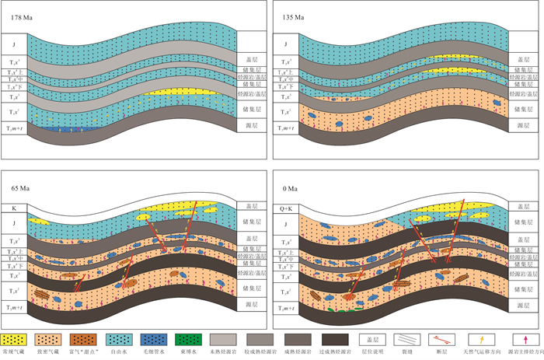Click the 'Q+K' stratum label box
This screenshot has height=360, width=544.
click(287, 208)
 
